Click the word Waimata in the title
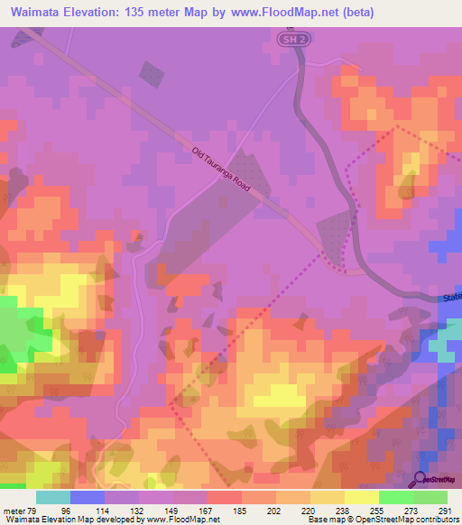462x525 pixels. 36,14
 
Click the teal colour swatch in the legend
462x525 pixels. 53,497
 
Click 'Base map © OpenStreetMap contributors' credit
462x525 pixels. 381,520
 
